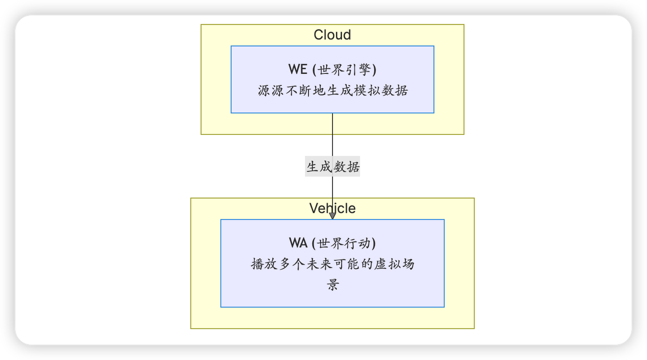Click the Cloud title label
332,35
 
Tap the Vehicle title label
332,209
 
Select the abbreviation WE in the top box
297,70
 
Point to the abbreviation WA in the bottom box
298,243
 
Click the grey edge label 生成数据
332,167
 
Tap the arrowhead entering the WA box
332,216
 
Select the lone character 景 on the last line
332,285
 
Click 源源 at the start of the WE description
271,91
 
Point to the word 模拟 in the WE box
367,91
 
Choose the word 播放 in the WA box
264,264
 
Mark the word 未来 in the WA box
319,264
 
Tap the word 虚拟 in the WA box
387,264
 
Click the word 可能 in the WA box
346,264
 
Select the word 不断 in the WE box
298,91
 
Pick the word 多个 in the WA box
292,264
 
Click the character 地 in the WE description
319,91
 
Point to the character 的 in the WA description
367,264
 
